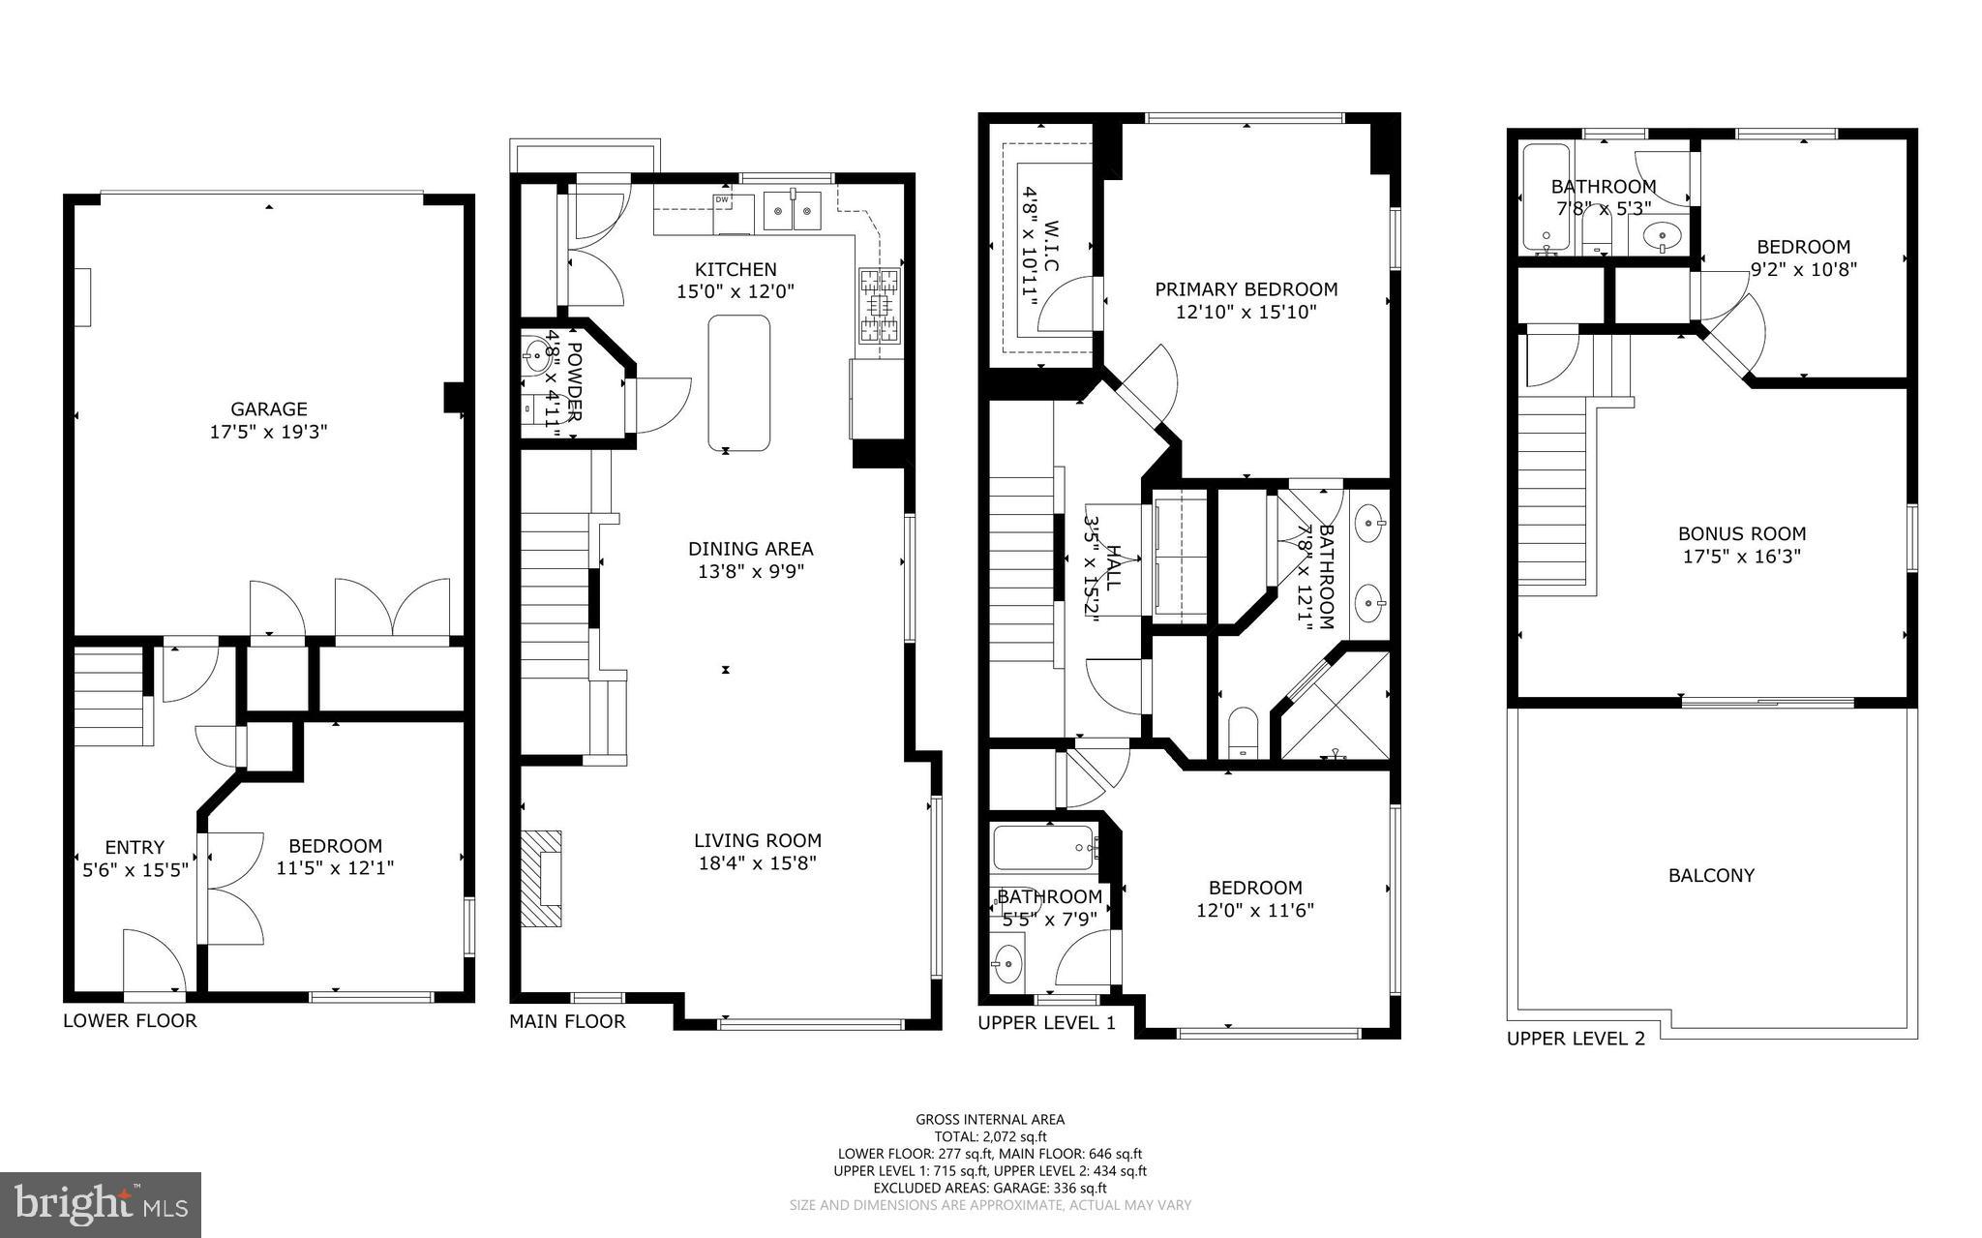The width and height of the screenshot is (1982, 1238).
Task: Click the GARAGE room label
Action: (x=268, y=409)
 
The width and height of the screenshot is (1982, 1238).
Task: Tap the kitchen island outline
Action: (x=739, y=383)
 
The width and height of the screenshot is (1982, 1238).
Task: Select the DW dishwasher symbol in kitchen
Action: (x=721, y=199)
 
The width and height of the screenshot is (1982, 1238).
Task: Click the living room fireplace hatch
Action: (x=542, y=878)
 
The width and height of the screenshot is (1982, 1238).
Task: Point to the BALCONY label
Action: (x=1711, y=875)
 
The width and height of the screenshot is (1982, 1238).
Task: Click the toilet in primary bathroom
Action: (x=1242, y=733)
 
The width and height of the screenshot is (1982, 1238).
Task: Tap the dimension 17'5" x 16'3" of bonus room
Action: (x=1742, y=557)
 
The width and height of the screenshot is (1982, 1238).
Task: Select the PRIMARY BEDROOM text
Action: (x=1246, y=289)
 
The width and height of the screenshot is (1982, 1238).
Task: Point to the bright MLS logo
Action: (x=101, y=1204)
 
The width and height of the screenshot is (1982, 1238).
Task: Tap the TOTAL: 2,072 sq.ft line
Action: (x=990, y=1136)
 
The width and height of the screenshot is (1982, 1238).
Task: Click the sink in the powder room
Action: (x=535, y=352)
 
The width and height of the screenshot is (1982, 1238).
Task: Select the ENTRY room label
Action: (x=135, y=847)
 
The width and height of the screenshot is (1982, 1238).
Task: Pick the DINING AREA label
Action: (x=750, y=549)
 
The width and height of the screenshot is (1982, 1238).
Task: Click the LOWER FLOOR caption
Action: (x=130, y=1020)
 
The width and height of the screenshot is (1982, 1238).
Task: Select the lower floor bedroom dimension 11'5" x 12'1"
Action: (x=335, y=868)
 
